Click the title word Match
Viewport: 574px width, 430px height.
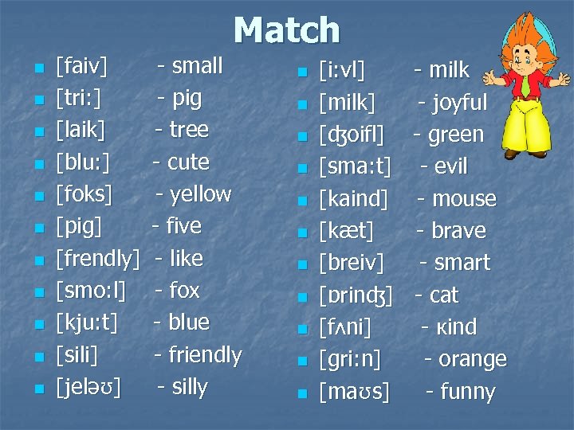click(287, 30)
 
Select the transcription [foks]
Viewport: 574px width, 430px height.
click(84, 194)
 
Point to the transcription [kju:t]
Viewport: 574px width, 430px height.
click(87, 323)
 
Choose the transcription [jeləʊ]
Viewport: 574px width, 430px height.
click(88, 388)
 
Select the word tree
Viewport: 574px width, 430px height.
click(189, 130)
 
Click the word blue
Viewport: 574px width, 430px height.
click(189, 322)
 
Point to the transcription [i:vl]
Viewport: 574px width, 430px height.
click(342, 71)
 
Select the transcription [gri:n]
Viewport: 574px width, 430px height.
click(350, 360)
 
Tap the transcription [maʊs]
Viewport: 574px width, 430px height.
click(354, 393)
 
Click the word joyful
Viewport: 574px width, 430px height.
click(459, 103)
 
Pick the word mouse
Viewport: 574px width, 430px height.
click(463, 199)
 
